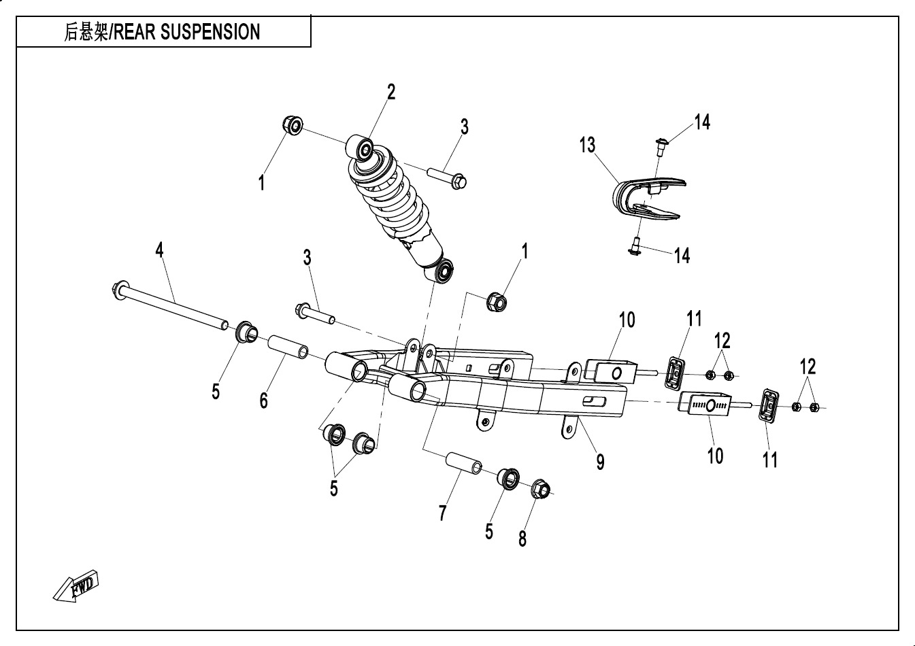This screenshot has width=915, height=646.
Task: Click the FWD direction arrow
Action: coord(77,585)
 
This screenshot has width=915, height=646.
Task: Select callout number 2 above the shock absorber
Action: coord(391,92)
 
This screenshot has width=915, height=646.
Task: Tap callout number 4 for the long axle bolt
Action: coord(159,250)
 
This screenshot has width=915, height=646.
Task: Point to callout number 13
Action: coord(587,145)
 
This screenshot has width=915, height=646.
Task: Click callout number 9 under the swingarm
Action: coord(600,462)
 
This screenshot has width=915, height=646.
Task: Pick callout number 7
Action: coord(442,513)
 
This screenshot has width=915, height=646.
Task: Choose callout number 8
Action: coord(522,539)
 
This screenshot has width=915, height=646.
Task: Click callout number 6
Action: coord(263,401)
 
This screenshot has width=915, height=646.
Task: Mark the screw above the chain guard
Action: coord(659,143)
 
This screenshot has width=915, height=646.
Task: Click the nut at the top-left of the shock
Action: coord(293,126)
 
